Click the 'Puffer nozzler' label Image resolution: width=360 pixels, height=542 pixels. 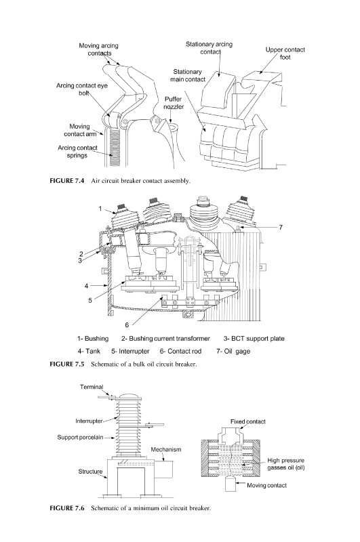point(174,103)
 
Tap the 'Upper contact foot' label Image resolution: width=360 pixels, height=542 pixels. point(285,54)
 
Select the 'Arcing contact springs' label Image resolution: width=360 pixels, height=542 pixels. point(77,152)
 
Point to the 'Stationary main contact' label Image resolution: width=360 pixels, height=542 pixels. point(187,75)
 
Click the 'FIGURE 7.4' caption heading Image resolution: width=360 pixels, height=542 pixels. point(67,181)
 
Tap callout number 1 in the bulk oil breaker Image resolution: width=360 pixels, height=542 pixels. point(100,209)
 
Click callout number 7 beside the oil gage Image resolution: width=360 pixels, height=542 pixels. point(281,227)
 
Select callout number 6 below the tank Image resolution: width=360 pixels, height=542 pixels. point(127,325)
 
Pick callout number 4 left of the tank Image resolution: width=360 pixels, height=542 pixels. point(87,286)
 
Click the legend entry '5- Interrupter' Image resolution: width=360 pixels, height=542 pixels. point(130,351)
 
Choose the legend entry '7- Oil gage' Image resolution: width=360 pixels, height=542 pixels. point(233,351)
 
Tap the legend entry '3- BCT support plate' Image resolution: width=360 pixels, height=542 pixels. point(254,338)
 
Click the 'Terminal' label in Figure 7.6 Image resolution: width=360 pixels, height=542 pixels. point(92,387)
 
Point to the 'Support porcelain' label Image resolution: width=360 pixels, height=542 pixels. point(80,437)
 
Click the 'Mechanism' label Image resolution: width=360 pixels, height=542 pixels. point(166,449)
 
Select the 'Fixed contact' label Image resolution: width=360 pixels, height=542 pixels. point(248,421)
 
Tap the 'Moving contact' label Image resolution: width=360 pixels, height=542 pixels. point(266,485)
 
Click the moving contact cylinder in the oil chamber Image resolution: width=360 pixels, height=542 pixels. point(231,484)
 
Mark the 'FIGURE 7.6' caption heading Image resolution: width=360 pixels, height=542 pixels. point(67,508)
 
